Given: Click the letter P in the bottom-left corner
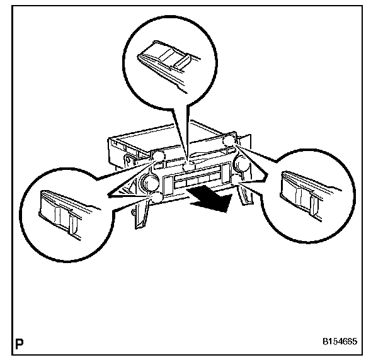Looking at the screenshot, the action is click(x=21, y=344).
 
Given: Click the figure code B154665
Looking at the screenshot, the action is click(x=339, y=343).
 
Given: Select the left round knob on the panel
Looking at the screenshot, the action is click(x=150, y=183).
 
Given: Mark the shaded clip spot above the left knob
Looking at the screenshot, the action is click(x=157, y=155).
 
